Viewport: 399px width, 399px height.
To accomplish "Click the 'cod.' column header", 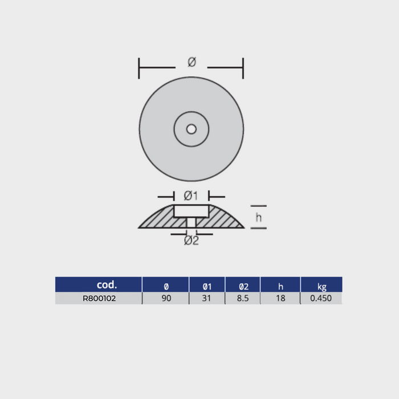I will [107, 284].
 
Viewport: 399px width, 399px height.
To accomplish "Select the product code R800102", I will [99, 298].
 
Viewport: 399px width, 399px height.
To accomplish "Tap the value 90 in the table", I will [166, 298].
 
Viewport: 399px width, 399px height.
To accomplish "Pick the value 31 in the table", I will [207, 298].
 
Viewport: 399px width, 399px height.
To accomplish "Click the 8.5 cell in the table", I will [243, 298].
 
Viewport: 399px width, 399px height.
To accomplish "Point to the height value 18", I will [280, 298].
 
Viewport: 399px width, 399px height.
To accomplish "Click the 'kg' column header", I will [321, 284].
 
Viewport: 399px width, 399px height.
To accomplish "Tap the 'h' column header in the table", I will [280, 284].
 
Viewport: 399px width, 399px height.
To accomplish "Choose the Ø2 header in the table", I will [243, 284].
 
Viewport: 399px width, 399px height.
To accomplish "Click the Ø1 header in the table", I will [207, 284].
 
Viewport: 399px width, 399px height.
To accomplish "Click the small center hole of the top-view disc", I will [191, 129].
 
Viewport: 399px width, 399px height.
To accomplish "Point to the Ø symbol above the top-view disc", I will [192, 62].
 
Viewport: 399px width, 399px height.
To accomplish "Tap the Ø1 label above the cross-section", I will [191, 196].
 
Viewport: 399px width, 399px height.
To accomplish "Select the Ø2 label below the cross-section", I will [191, 241].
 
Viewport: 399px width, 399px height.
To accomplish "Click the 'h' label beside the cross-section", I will [258, 217].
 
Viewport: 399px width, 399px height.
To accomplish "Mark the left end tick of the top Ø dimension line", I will [140, 68].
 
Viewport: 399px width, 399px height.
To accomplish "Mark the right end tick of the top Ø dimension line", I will [243, 68].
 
